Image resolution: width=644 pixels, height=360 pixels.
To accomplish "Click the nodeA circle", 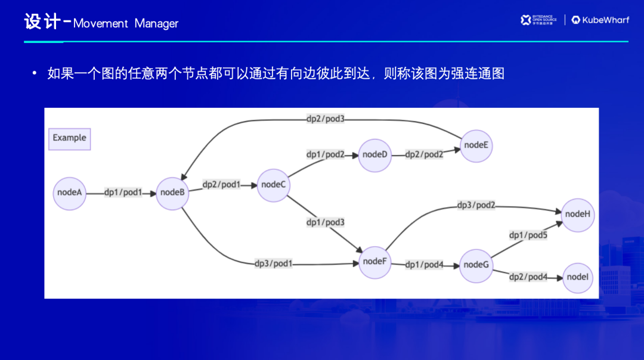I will coord(69,193).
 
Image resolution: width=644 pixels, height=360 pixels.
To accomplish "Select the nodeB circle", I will coord(172,193).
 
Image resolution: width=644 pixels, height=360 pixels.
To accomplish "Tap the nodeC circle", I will coord(273,185).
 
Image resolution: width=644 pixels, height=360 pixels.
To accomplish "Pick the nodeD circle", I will coord(374,155).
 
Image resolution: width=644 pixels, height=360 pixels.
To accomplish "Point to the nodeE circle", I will coord(476,145).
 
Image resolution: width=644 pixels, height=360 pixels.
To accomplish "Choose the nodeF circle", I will coord(374,262).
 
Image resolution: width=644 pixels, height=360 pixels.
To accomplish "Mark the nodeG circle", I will coord(476,265).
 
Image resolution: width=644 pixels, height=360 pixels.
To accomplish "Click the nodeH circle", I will coord(577,215).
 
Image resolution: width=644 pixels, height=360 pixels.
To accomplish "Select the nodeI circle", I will coord(577,277).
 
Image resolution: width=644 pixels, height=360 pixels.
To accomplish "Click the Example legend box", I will coord(69,138).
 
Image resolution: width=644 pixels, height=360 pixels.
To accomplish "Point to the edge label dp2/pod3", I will coord(326,119).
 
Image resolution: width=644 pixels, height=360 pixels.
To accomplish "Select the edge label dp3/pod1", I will coord(274,263).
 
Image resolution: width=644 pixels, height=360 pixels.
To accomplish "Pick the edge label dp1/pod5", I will coord(528,235).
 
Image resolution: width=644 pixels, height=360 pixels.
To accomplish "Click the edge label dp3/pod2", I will coord(476,206).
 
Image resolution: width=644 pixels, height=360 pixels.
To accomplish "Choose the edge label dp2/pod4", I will coord(528,277).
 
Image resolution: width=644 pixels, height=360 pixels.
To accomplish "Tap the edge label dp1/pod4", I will coord(425,265).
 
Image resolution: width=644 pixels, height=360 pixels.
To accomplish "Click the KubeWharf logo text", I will coord(606,20).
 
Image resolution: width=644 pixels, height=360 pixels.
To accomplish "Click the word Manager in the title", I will coord(156,24).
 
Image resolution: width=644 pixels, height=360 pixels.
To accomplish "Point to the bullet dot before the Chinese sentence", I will coord(35,74).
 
